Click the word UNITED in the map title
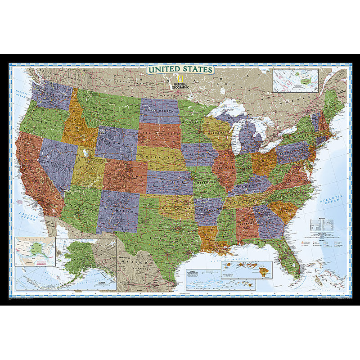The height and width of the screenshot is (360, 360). (164, 70)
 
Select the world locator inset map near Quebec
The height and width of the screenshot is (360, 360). (296, 80)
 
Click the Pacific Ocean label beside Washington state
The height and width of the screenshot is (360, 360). (21, 95)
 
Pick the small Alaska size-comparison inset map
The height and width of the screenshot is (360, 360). (35, 252)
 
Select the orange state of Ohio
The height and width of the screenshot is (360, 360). (264, 162)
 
